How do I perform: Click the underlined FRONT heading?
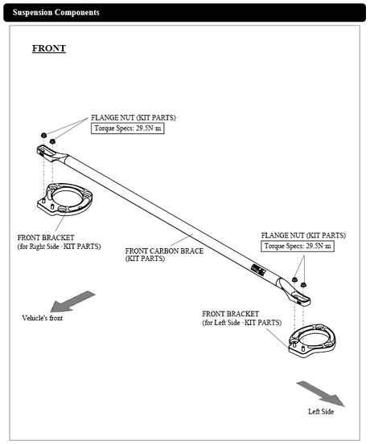48,48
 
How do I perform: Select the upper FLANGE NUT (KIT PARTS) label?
134,118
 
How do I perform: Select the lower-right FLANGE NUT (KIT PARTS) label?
303,235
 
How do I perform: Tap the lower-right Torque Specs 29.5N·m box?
297,246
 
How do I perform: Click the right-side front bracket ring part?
65,199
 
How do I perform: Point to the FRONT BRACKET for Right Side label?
60,242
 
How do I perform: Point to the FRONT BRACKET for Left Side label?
242,317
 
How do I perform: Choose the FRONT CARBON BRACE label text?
164,255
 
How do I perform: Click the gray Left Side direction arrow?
320,393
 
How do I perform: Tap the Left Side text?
321,412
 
